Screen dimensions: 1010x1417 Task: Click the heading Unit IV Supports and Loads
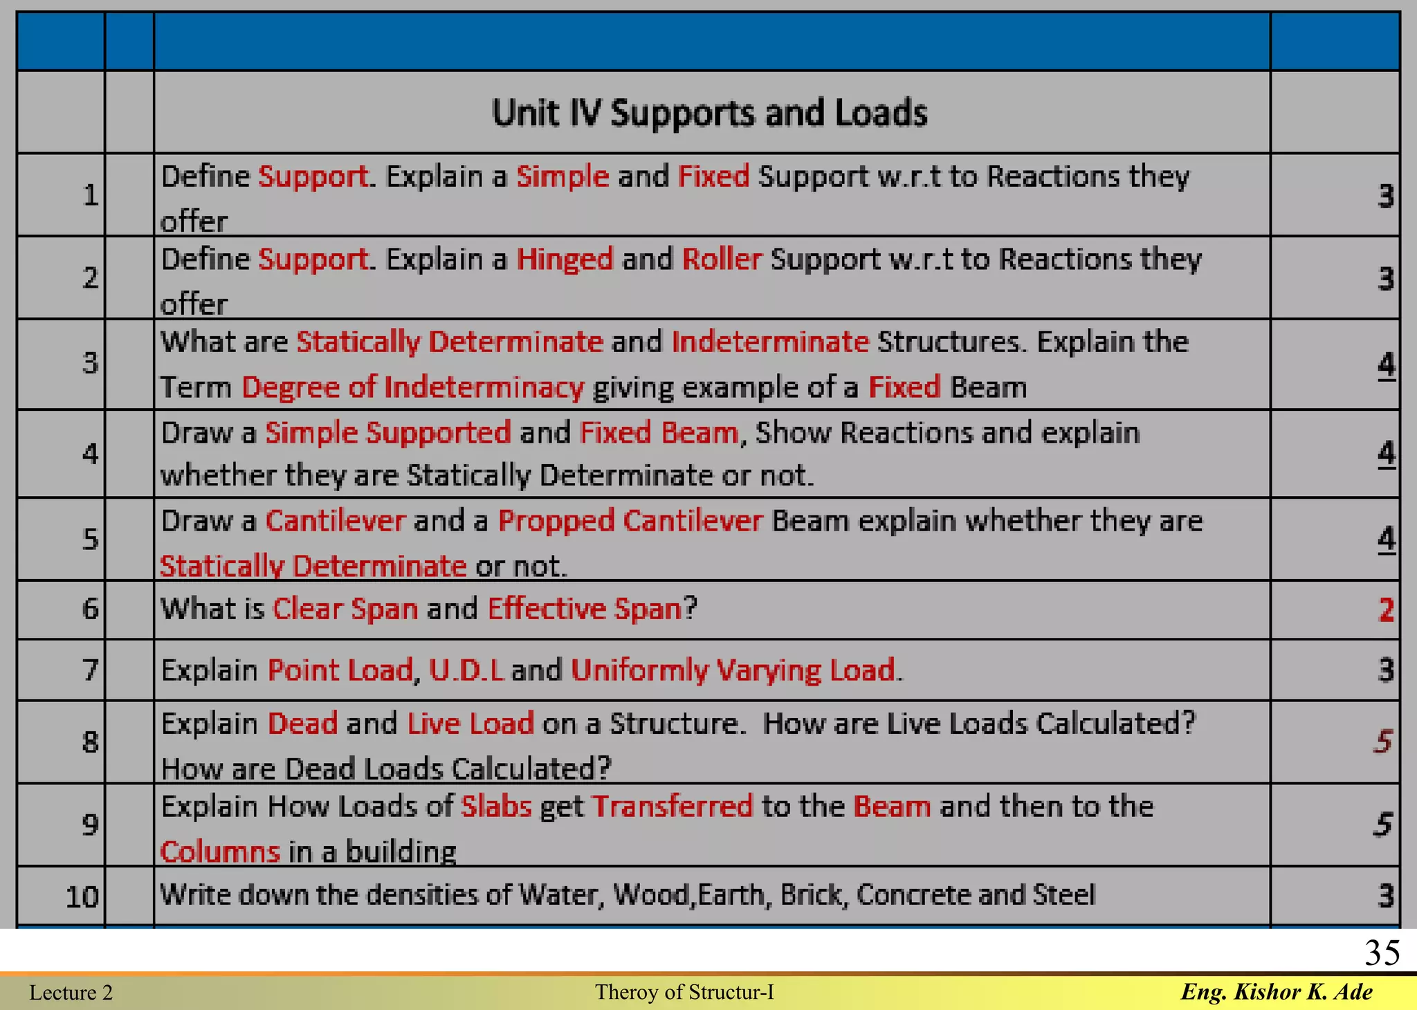pos(709,113)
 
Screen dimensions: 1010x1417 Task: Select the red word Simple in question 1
pos(563,176)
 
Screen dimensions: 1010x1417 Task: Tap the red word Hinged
pos(565,259)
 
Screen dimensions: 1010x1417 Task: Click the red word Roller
pos(722,259)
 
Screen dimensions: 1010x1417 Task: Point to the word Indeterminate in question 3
pos(769,342)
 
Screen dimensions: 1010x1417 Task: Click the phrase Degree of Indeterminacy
pos(413,387)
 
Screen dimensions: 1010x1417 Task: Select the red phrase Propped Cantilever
pos(630,521)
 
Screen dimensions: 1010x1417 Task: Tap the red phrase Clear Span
pos(345,609)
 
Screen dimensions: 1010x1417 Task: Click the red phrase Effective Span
pos(585,609)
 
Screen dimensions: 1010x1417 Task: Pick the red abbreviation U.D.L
pos(466,670)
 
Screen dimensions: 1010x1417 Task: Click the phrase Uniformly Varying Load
pos(733,670)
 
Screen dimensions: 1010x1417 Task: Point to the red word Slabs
pos(496,807)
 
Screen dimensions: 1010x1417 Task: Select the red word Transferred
pos(673,807)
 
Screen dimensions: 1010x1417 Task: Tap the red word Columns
pos(220,852)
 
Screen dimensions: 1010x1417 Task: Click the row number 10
pos(82,897)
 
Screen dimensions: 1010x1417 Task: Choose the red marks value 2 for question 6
pos(1386,609)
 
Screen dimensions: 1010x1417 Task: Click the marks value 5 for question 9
pos(1382,824)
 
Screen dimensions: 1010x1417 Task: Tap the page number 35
pos(1382,953)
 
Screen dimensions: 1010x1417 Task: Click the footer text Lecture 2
pos(71,993)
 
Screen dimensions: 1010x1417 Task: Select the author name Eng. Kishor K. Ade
pos(1277,992)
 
